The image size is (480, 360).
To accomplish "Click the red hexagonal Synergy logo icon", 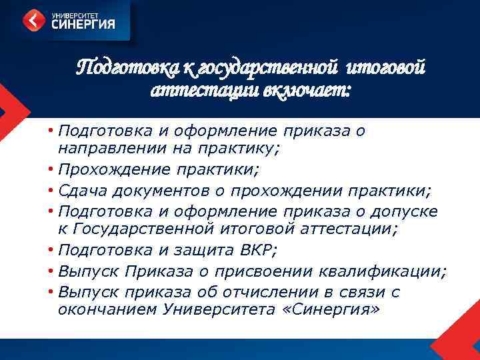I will pyautogui.click(x=35, y=20).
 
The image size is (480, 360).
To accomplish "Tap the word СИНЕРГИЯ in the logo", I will pyautogui.click(x=83, y=25).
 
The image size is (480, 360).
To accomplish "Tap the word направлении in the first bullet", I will pyautogui.click(x=107, y=149).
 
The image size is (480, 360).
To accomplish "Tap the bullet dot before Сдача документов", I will pyautogui.click(x=51, y=192).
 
